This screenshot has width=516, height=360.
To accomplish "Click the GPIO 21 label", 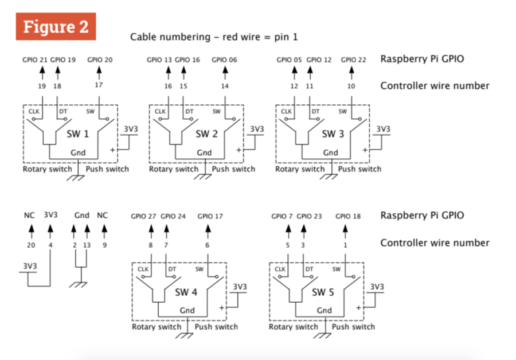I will pos(35,59).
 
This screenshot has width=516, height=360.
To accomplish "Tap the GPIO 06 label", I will pos(224,59).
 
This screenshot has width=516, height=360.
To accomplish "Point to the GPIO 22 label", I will pos(353,59).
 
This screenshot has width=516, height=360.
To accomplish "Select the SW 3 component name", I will pos(333,134).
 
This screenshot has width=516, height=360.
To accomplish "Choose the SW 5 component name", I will pos(323,292).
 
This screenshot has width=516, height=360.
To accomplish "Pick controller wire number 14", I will pos(225,86).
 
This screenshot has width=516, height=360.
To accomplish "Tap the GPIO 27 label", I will pos(143,217).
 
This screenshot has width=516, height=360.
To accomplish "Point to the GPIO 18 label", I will pos(348,217).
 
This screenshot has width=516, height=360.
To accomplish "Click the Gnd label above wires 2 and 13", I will pos(82,216).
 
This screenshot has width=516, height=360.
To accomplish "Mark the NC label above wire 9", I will pos(103,216).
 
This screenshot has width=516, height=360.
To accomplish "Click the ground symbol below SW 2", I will pos(202,177).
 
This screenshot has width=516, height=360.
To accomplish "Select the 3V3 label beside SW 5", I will pos(377,287).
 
